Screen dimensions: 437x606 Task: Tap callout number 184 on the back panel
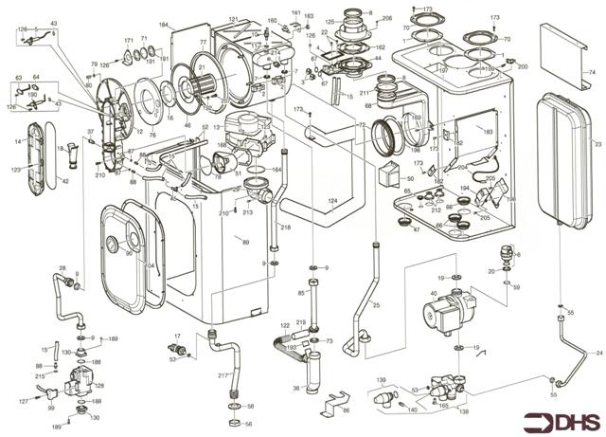point(163,24)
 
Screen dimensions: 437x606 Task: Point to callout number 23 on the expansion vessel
point(597,143)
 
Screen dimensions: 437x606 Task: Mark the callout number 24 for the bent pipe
point(597,353)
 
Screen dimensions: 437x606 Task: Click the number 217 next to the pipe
point(223,377)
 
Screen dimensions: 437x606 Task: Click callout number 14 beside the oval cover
point(17,141)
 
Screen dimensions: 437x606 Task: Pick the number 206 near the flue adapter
point(386,19)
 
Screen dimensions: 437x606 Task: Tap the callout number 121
point(234,19)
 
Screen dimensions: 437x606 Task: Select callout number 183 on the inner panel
point(488,133)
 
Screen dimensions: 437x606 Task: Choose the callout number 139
point(383,380)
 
